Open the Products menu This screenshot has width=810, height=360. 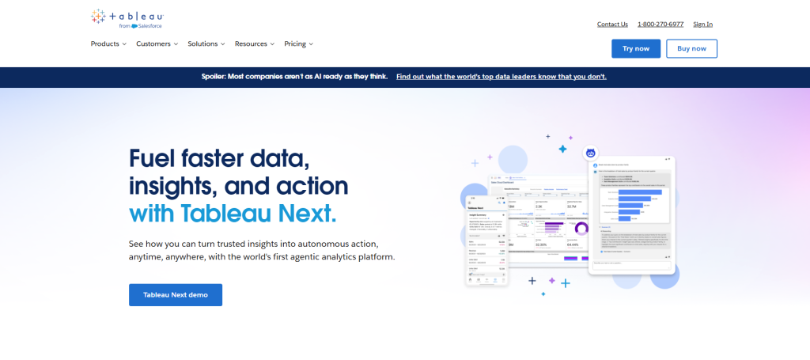pyautogui.click(x=108, y=44)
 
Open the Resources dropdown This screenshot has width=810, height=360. pyautogui.click(x=255, y=44)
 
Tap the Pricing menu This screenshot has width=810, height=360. pyautogui.click(x=298, y=44)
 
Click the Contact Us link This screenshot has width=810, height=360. pyautogui.click(x=612, y=24)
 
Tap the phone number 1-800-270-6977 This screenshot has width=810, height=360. pyautogui.click(x=660, y=24)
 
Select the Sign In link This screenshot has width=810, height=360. pyautogui.click(x=702, y=24)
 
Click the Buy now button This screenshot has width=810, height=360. pyautogui.click(x=691, y=48)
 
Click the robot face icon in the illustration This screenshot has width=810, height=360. pyautogui.click(x=590, y=153)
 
